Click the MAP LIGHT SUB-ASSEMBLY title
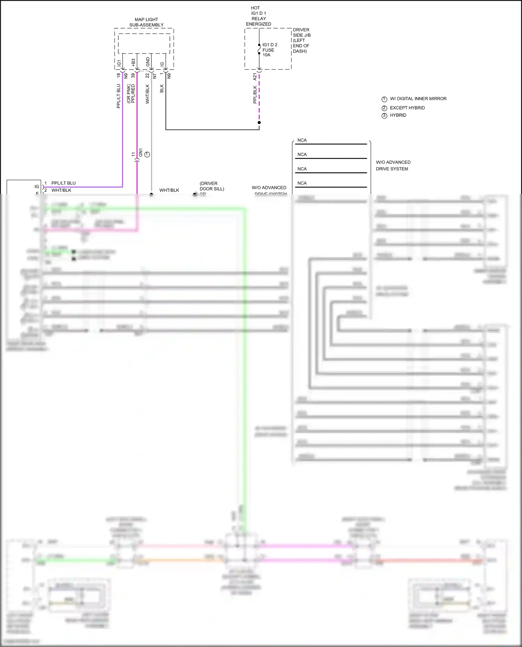pyautogui.click(x=146, y=22)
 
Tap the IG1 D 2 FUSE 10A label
pyautogui.click(x=269, y=50)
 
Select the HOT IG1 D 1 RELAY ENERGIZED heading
pyautogui.click(x=258, y=16)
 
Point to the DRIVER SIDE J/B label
pyautogui.click(x=301, y=40)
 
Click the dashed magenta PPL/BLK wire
pyautogui.click(x=259, y=101)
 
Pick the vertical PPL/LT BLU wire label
pyautogui.click(x=118, y=96)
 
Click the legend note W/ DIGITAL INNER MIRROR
pyautogui.click(x=418, y=99)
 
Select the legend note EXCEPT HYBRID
pyautogui.click(x=407, y=108)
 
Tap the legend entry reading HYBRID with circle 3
pyautogui.click(x=398, y=115)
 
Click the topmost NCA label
pyautogui.click(x=302, y=140)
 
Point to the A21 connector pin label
pyautogui.click(x=255, y=76)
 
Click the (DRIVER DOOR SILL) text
pyautogui.click(x=212, y=186)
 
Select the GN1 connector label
pyautogui.click(x=141, y=152)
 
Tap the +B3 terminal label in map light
pyautogui.click(x=133, y=62)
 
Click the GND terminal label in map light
pyautogui.click(x=148, y=62)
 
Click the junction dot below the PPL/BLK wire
pyautogui.click(x=259, y=122)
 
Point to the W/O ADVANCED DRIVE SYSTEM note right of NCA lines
pyautogui.click(x=393, y=165)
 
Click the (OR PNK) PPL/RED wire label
pyautogui.click(x=131, y=94)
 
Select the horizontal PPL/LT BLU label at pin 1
pyautogui.click(x=63, y=183)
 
